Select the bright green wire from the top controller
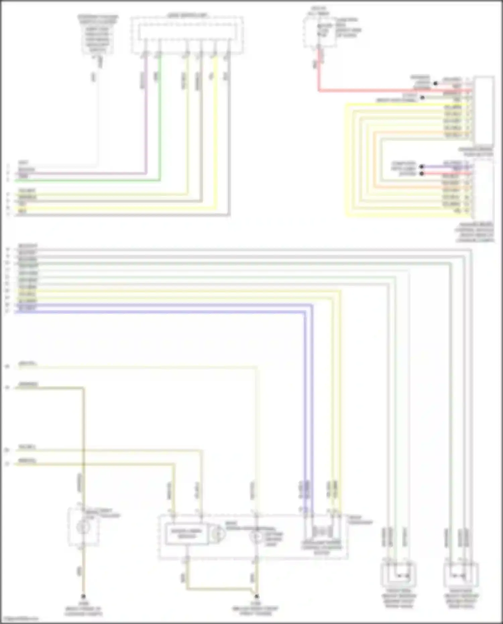pos(160,117)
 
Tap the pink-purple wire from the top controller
pos(146,117)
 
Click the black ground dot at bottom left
pos(83,596)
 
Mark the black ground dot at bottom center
pos(257,596)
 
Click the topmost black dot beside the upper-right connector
pos(435,83)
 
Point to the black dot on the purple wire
pos(422,167)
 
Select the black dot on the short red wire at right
pos(422,173)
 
